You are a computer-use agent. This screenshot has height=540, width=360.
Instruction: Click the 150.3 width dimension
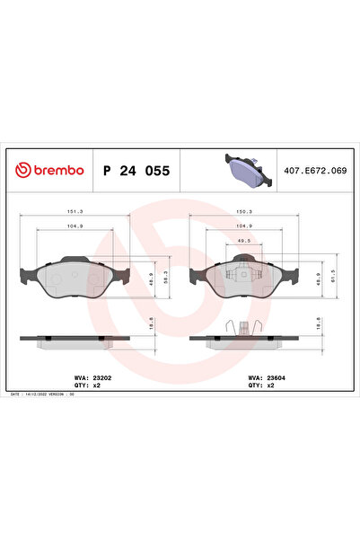pyautogui.click(x=241, y=213)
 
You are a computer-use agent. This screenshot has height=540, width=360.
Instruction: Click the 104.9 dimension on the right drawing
pyautogui.click(x=241, y=227)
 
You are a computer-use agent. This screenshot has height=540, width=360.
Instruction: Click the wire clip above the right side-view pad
pyautogui.click(x=242, y=329)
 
